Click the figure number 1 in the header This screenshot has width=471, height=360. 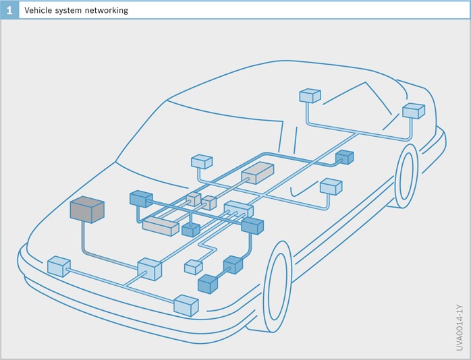[x=9, y=10]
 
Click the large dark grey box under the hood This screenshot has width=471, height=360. [x=87, y=210]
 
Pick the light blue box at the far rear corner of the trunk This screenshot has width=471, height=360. [x=413, y=111]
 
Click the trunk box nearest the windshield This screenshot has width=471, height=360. [x=310, y=96]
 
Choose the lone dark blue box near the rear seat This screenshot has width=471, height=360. [x=344, y=157]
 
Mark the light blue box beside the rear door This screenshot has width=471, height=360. [x=331, y=186]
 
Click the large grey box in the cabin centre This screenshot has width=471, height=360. [x=257, y=173]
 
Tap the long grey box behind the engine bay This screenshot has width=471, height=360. [x=161, y=226]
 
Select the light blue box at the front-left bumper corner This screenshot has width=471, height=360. [x=59, y=266]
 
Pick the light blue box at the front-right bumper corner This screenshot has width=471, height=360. [x=186, y=305]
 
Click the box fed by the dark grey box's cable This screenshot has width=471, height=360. [x=150, y=270]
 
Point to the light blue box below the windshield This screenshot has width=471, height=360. [x=202, y=162]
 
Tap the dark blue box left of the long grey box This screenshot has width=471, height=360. [x=141, y=199]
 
